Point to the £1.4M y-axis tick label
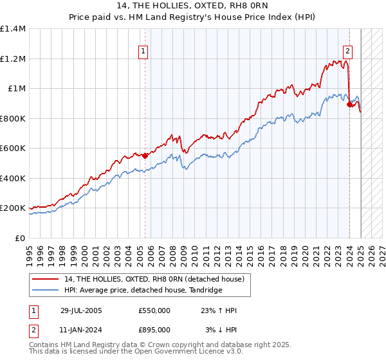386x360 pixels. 13,29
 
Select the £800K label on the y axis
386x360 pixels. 13,118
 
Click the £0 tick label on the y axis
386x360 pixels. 21,238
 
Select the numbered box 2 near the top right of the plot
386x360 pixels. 347,53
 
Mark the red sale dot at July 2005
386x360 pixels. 145,155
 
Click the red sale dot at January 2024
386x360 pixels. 349,104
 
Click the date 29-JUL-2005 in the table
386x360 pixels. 81,310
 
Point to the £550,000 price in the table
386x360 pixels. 154,310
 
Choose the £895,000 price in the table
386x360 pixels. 154,329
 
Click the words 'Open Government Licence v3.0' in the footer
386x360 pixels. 187,352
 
